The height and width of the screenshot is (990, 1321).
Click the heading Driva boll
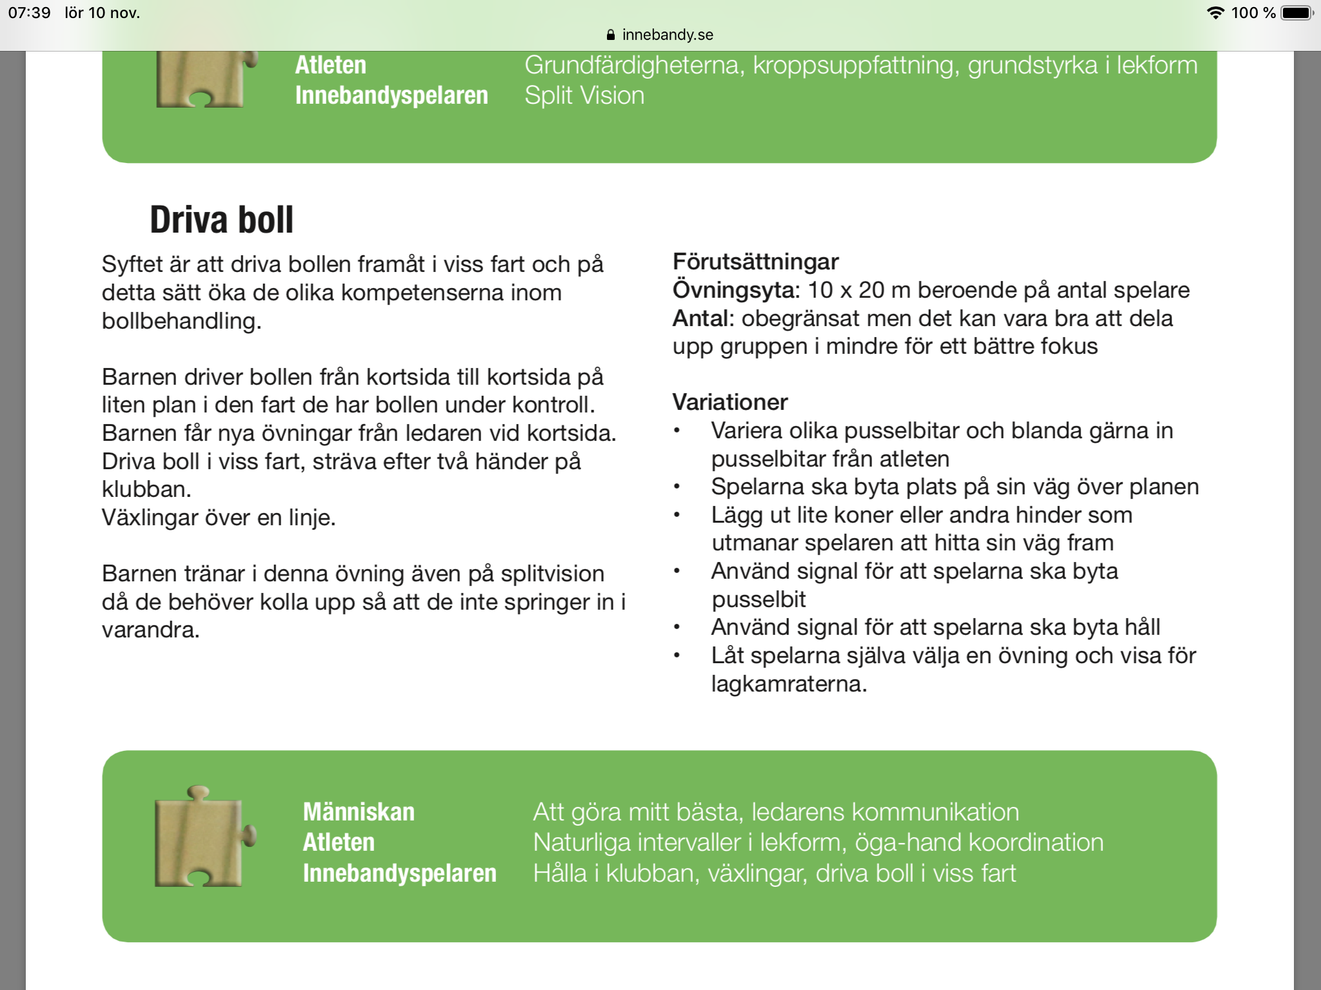point(221,220)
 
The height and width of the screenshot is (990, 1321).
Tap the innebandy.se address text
point(667,35)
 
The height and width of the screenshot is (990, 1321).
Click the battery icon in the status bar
point(1296,13)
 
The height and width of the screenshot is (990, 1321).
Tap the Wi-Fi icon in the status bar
point(1215,13)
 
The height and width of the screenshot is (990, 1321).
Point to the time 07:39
point(29,13)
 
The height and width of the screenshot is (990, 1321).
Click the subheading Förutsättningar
point(755,262)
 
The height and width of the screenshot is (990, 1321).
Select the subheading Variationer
point(730,402)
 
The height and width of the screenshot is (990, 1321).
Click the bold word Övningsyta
point(735,290)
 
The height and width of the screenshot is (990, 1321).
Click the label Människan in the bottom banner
point(359,812)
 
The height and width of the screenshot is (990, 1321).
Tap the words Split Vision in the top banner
point(584,95)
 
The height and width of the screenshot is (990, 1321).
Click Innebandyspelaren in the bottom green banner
point(399,873)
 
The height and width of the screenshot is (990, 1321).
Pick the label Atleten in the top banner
point(330,65)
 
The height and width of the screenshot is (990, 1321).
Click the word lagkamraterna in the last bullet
point(788,684)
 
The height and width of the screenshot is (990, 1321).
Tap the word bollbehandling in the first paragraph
point(181,321)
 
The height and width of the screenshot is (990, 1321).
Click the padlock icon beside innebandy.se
point(610,35)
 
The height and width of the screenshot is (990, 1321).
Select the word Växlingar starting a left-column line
point(149,518)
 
